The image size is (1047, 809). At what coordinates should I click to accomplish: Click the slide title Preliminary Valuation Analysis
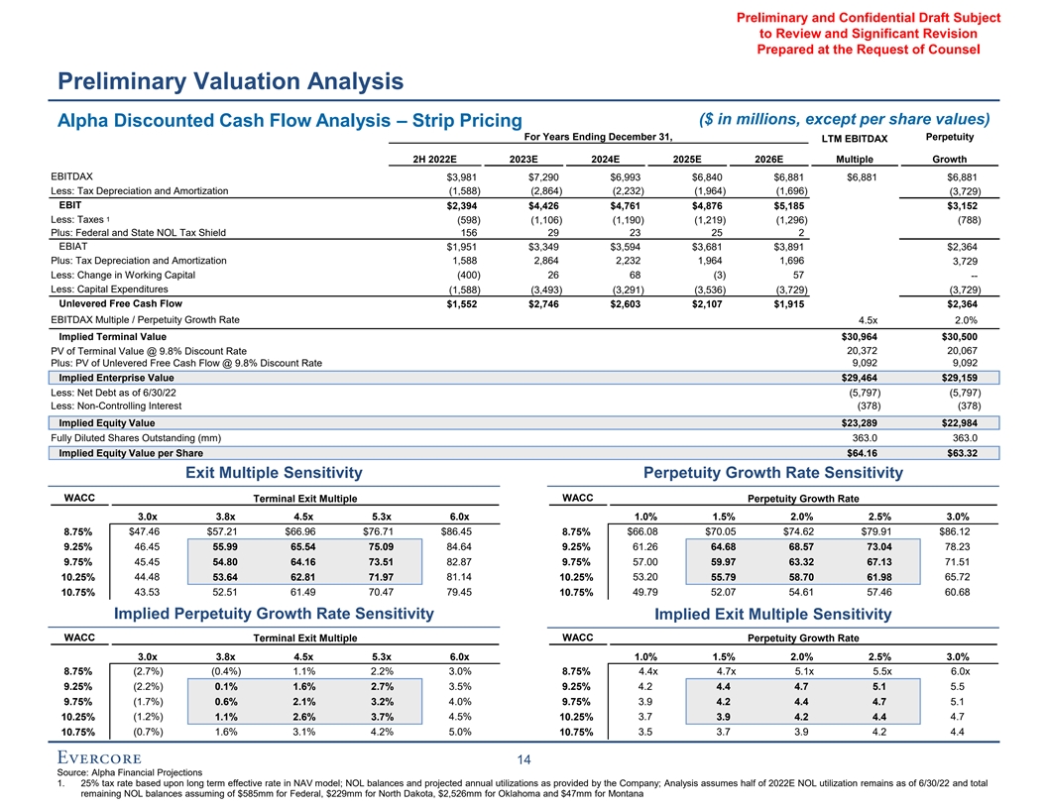click(230, 80)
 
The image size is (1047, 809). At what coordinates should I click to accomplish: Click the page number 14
click(524, 759)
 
